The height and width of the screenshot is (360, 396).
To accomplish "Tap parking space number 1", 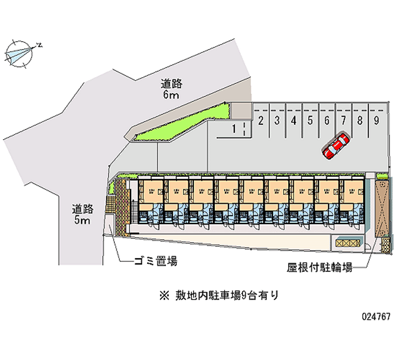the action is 233,129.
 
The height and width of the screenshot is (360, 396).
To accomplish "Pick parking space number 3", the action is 277,120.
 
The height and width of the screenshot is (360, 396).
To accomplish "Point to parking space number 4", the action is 294,120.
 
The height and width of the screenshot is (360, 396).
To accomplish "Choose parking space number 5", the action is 310,120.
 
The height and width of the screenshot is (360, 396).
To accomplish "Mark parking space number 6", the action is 327,120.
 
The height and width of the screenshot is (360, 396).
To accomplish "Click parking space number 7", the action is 343,120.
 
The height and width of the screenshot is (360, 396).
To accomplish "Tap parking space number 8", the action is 360,120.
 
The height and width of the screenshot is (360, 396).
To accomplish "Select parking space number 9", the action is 377,120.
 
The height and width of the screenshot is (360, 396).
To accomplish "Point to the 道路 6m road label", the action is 171,89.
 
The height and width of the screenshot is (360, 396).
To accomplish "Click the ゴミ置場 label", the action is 155,261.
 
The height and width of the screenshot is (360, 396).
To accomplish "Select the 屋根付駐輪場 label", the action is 319,268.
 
